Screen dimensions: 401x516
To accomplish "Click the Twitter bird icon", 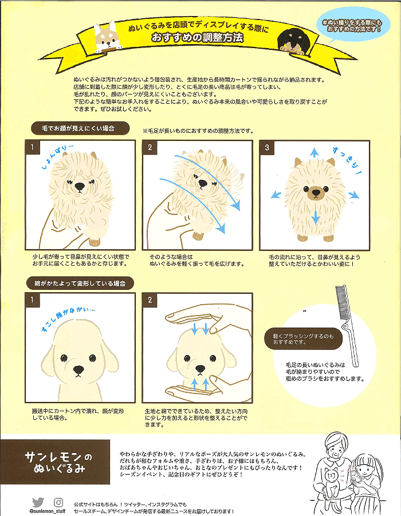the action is click(x=38, y=502).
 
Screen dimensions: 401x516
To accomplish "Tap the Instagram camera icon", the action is click(x=58, y=502).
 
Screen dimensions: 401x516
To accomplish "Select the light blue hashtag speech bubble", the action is click(x=352, y=26).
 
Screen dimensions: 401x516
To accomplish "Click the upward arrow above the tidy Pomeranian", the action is click(x=314, y=152).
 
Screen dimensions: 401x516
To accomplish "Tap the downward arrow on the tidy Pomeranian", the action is click(x=316, y=217).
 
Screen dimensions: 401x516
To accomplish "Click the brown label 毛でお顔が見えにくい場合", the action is click(x=80, y=128).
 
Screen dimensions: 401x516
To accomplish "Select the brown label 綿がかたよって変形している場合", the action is click(x=80, y=283).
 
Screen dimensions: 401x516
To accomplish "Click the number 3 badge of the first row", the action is click(x=267, y=147).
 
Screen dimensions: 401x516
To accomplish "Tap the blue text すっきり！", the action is click(x=347, y=161).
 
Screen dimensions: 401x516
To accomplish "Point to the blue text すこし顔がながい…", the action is click(x=68, y=318).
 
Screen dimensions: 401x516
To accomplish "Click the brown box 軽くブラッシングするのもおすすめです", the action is click(x=303, y=339).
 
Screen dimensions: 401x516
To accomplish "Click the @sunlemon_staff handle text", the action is click(x=48, y=511).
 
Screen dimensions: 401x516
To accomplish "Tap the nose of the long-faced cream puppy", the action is click(x=78, y=369).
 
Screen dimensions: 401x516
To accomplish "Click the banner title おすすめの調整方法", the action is click(x=197, y=38).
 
